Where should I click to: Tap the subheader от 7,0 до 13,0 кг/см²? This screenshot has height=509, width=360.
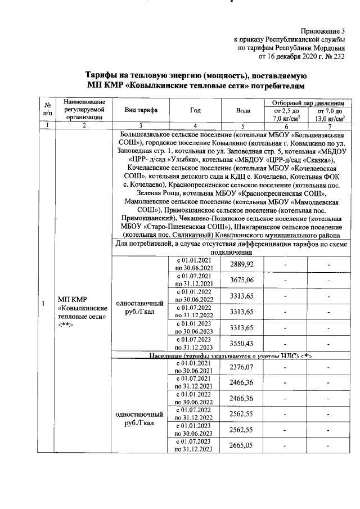pos(329,115)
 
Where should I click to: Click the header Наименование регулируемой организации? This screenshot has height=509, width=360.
pos(83,109)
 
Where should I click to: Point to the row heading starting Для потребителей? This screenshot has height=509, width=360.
pos(232,248)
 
